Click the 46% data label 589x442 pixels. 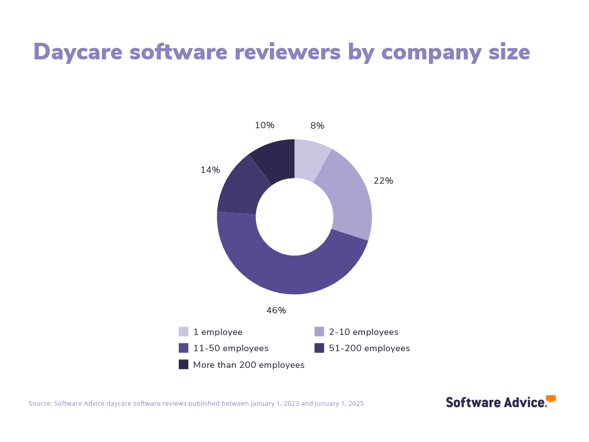pos(276,310)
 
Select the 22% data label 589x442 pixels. pos(383,181)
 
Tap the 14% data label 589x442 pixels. pos(210,170)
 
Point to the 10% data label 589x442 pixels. pos(265,125)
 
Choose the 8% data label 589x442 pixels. pos(317,126)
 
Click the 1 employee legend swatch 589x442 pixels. pos(184,331)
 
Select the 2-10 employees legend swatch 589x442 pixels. pos(319,331)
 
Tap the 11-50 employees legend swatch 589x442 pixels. pos(184,348)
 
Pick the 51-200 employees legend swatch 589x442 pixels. pos(319,348)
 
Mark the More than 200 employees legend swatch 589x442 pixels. pos(184,364)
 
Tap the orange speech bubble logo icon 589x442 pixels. pos(551,398)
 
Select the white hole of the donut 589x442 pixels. pos(294,217)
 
